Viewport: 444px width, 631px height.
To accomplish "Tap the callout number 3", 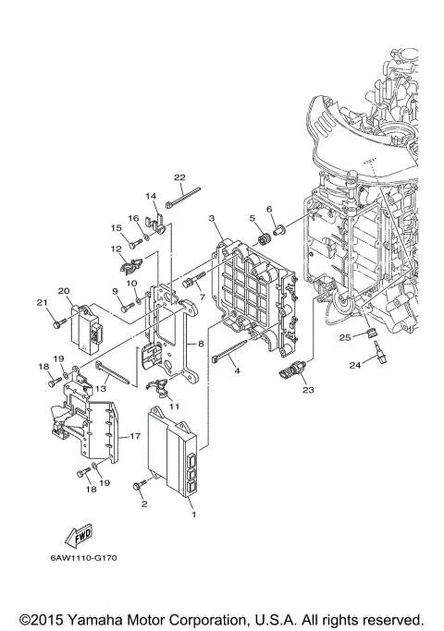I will tap(212, 218).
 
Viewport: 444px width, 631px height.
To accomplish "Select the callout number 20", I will tap(64, 289).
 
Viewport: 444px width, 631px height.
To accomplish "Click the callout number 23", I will tap(308, 390).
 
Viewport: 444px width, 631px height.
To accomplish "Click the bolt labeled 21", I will tap(57, 323).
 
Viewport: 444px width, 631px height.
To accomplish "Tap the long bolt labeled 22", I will tap(185, 197).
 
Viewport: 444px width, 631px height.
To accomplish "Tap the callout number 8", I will tap(200, 343).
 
